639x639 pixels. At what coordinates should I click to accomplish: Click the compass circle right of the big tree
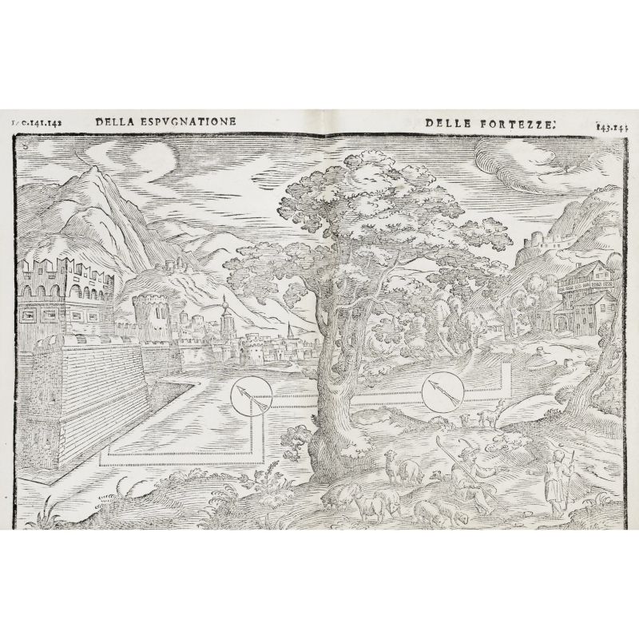point(438,391)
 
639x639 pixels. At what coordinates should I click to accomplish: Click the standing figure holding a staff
point(557,479)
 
